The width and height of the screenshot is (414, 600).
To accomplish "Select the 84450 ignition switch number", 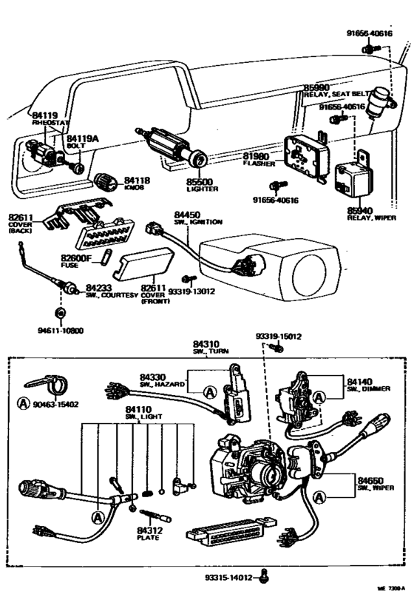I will [189, 214].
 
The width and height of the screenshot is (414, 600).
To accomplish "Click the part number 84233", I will [99, 287].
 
